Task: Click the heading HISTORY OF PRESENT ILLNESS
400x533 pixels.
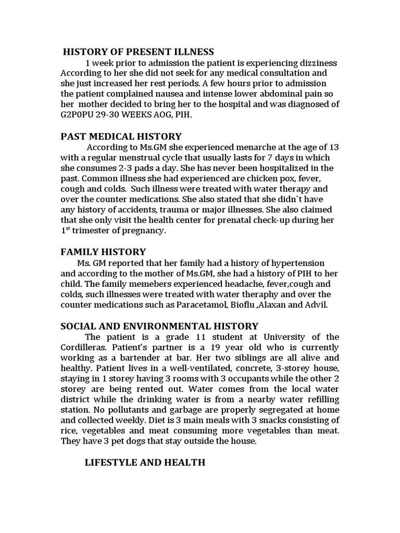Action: [x=138, y=52]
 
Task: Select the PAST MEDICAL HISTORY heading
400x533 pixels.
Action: [x=121, y=137]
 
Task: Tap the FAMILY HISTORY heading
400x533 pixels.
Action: [x=103, y=252]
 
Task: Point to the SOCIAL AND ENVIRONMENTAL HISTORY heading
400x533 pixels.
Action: [x=159, y=326]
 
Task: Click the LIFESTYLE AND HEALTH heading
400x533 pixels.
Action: [x=145, y=462]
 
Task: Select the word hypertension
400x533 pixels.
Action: [x=296, y=263]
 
